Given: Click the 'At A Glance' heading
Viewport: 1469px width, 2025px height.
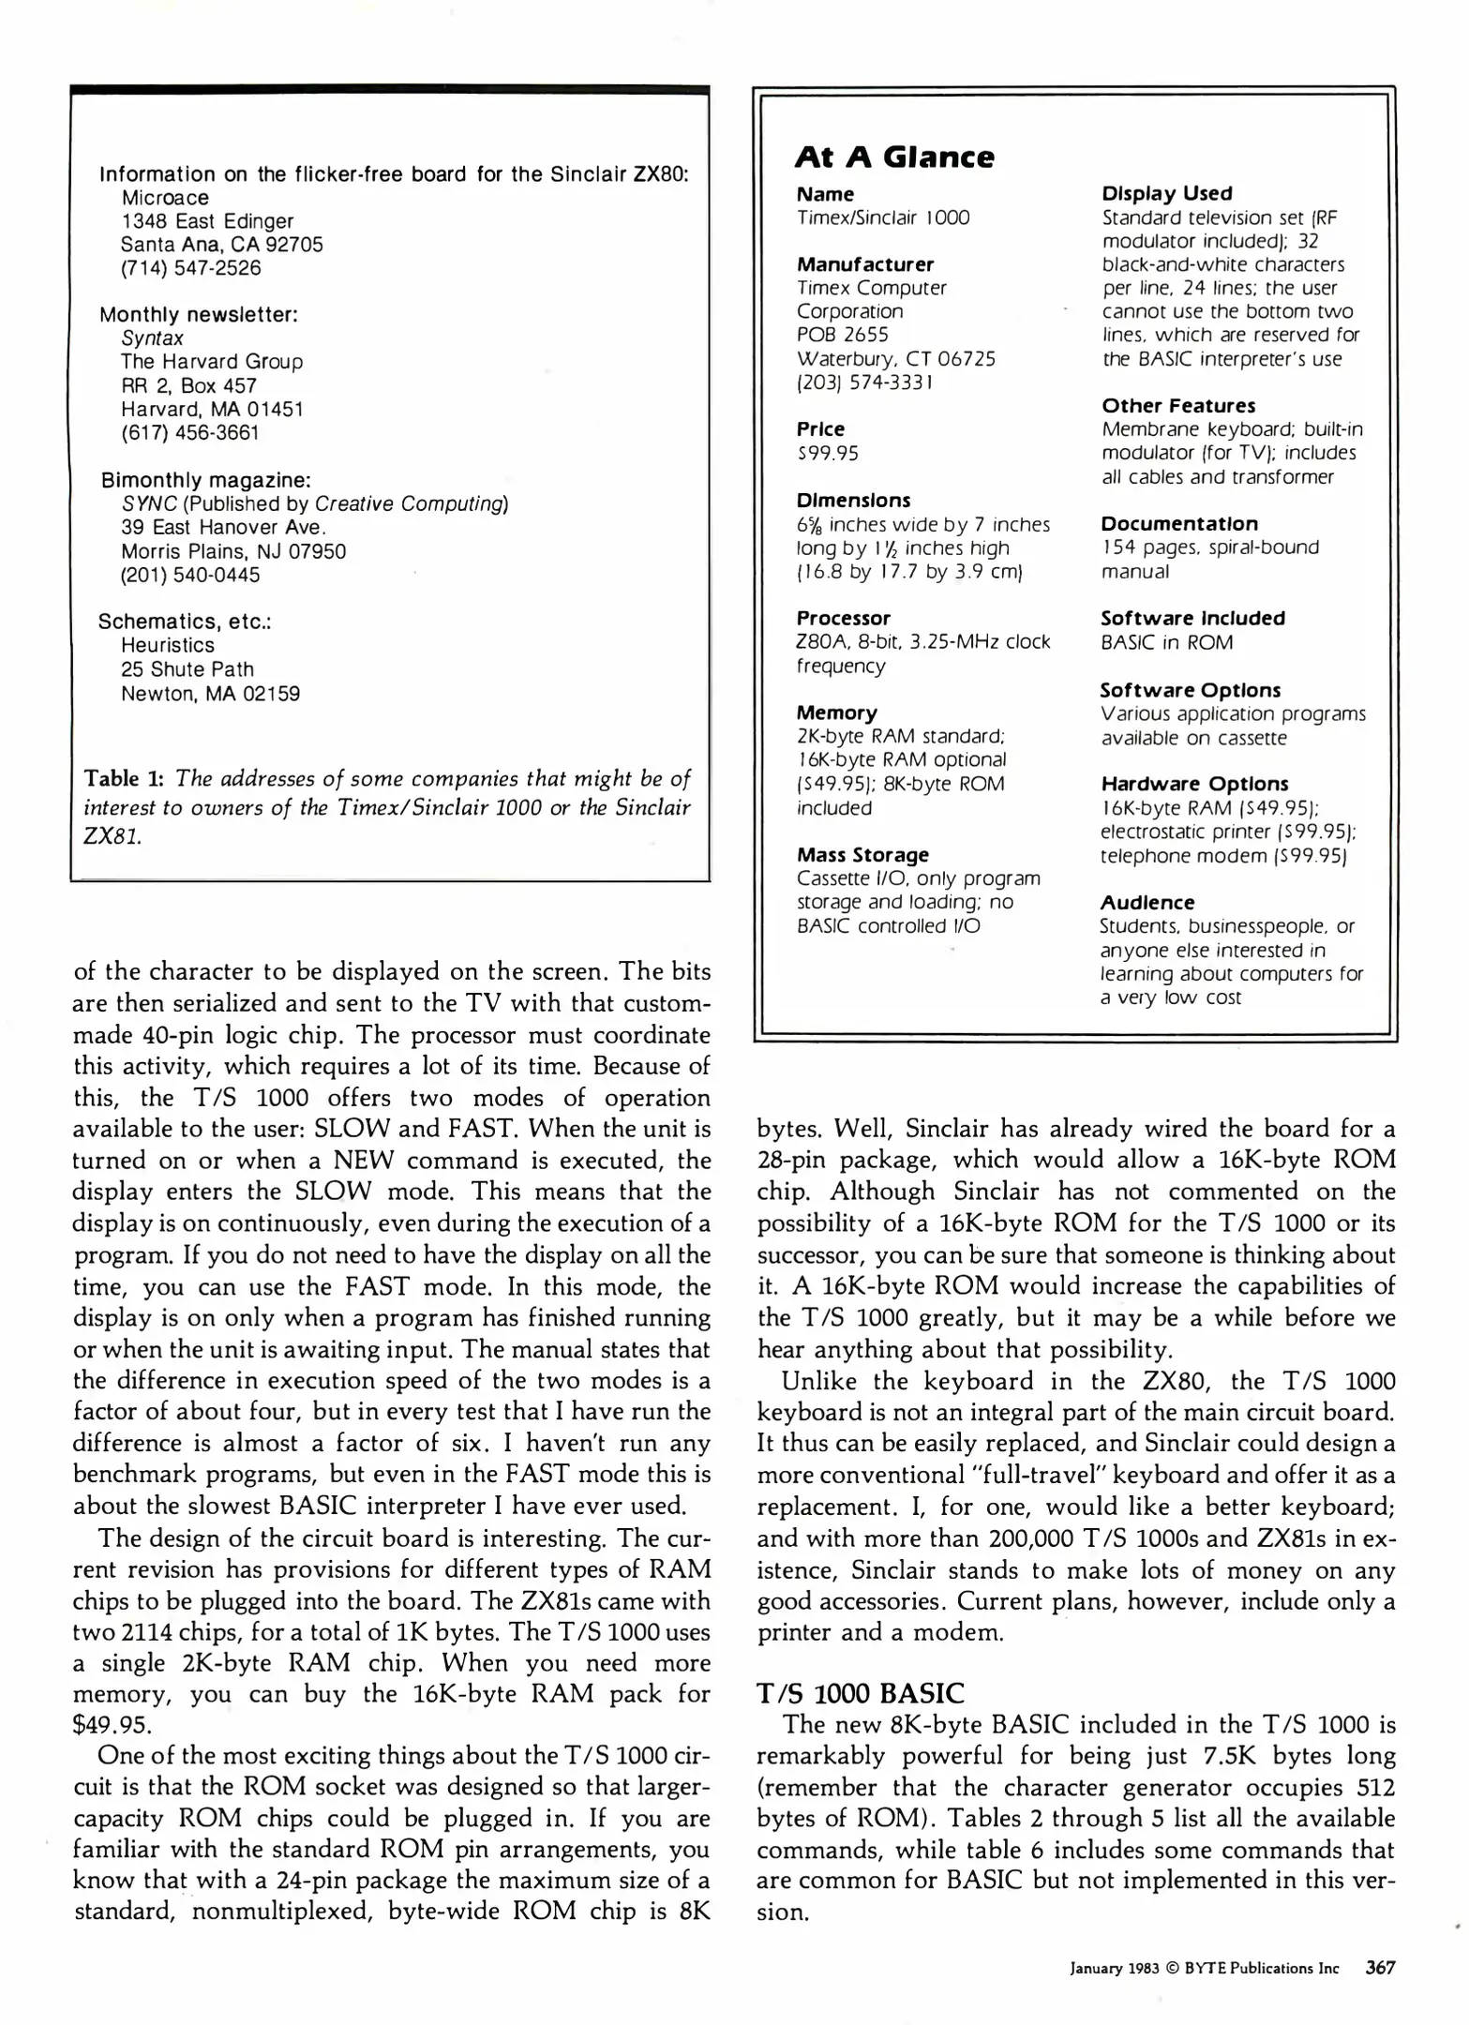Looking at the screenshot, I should tap(893, 157).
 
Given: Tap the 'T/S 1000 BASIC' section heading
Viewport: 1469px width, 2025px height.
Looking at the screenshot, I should tap(860, 1693).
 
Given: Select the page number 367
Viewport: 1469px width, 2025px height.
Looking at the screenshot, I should tap(1380, 1967).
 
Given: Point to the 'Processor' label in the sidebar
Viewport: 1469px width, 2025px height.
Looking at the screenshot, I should tap(843, 618).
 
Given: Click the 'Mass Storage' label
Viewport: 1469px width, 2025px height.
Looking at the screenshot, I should tap(862, 854).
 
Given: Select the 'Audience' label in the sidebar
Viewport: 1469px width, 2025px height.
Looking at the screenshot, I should tap(1147, 902).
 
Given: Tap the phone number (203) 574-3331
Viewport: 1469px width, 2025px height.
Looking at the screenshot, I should tap(864, 382).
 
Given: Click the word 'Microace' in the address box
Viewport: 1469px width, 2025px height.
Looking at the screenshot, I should tap(165, 198).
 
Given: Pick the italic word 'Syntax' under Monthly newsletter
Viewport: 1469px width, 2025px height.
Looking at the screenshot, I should tap(152, 337).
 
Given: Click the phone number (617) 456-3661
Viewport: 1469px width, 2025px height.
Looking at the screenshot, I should tap(189, 432).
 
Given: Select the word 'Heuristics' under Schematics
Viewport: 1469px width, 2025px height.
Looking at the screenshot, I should tap(167, 645).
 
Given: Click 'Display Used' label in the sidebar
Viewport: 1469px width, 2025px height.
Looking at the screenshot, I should tap(1166, 193).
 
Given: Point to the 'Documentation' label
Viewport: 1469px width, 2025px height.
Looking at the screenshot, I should tap(1178, 523).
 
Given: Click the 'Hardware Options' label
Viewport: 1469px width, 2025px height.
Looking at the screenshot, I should tap(1193, 783).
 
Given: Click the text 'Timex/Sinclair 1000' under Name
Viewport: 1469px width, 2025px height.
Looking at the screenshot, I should tap(882, 217).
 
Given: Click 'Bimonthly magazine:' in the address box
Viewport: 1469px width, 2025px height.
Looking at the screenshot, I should tap(205, 480).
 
